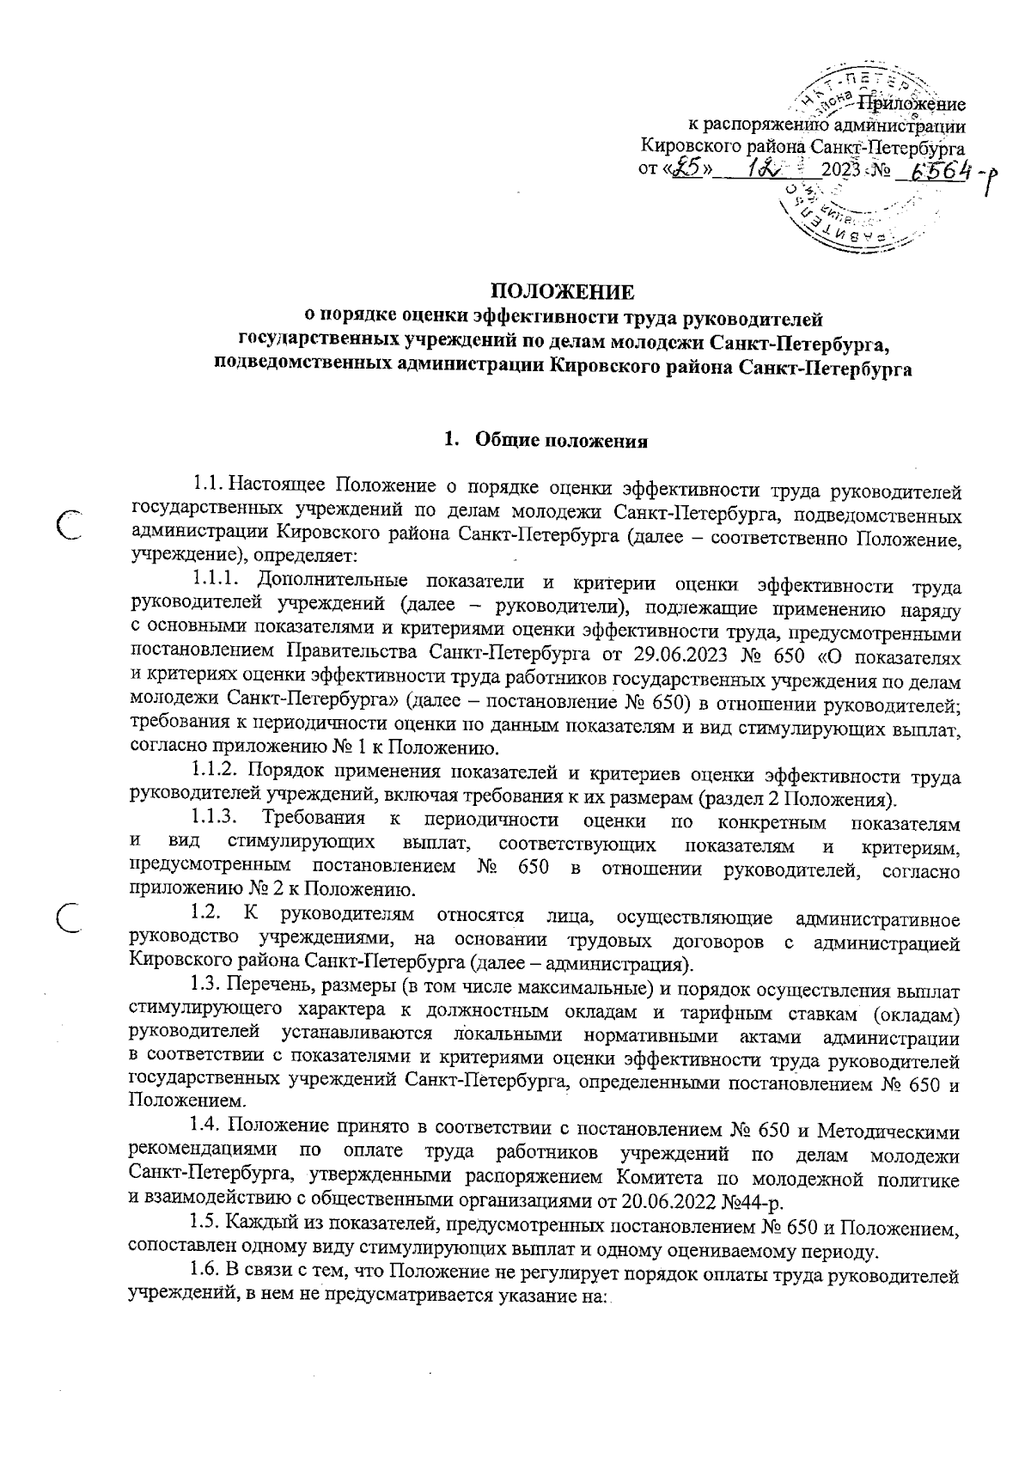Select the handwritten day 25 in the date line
(x=688, y=168)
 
